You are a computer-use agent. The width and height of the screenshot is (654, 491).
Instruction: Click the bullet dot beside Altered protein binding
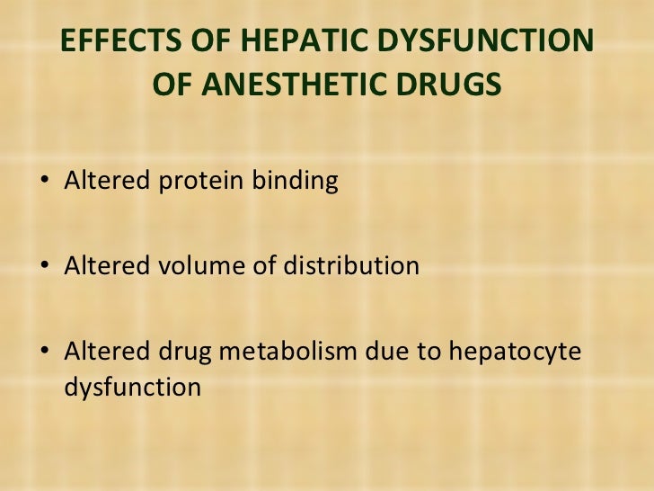point(46,183)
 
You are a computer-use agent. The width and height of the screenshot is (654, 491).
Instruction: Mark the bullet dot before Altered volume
point(46,267)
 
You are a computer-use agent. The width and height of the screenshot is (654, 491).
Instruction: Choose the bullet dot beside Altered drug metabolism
point(46,352)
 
